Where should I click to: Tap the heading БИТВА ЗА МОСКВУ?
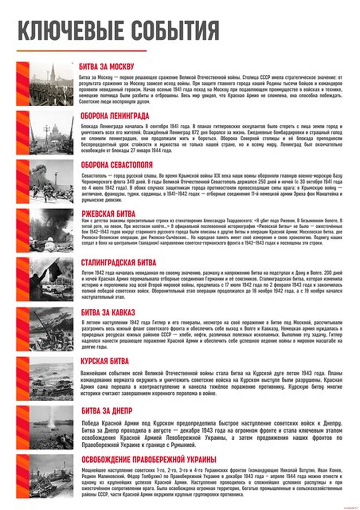click(106, 67)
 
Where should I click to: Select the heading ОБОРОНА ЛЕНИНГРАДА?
click(115, 116)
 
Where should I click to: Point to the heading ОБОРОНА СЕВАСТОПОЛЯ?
click(117, 165)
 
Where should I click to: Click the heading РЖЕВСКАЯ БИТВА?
click(108, 214)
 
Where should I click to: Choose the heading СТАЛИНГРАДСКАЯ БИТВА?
click(118, 263)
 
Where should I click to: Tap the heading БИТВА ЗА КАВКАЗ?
click(108, 312)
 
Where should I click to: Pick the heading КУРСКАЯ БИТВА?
click(105, 361)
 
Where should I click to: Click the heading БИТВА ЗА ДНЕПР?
click(107, 410)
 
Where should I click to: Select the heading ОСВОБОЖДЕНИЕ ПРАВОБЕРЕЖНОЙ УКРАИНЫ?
click(149, 459)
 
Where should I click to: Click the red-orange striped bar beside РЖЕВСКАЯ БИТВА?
click(22, 230)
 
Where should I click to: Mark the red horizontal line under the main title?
click(81, 51)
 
